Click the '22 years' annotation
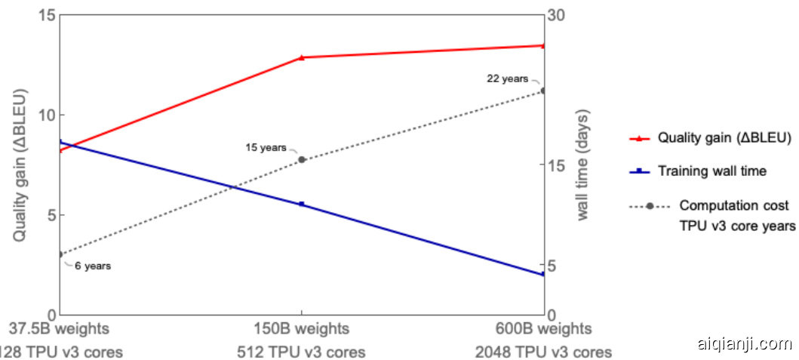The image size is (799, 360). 507,78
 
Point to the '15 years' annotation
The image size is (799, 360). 266,147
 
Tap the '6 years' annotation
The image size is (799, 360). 93,266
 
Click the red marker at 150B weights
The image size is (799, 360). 302,57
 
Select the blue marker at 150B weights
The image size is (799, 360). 302,204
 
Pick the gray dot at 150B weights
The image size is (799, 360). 302,159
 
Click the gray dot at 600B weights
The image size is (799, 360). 543,91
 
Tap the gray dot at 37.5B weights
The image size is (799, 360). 60,254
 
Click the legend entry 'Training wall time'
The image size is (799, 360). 711,171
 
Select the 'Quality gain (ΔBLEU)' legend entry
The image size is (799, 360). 724,138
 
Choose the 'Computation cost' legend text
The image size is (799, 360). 734,205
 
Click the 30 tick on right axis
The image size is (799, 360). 557,16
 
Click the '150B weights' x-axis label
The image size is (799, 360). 302,329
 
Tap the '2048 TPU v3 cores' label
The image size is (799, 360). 543,352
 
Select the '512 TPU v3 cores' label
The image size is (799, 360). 302,352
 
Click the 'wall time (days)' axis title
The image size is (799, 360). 583,165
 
